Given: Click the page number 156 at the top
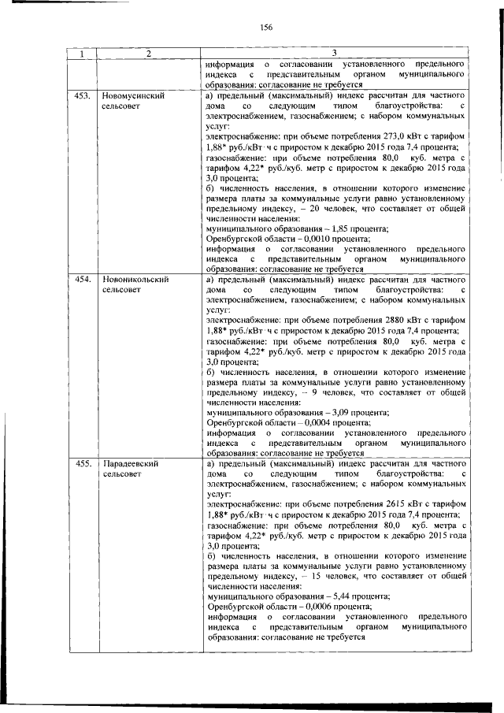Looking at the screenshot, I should [x=265, y=27].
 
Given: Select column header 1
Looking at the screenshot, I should [x=82, y=54].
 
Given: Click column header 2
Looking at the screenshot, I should [x=147, y=54].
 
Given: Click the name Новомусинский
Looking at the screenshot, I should [x=133, y=95].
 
